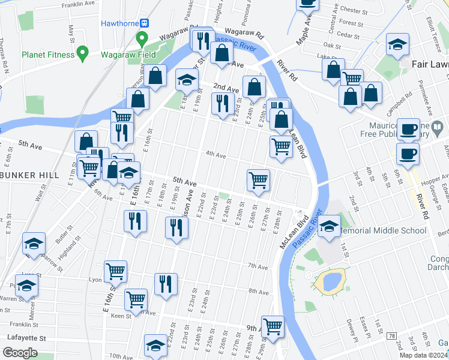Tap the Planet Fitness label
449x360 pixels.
pos(47,55)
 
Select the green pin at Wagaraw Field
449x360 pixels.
pos(142,40)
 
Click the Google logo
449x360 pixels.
pos(19,353)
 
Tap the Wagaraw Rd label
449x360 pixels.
pos(244,31)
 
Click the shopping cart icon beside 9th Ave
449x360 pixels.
pos(273,327)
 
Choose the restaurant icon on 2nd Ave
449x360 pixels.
pos(223,103)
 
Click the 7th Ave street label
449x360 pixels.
pos(257,266)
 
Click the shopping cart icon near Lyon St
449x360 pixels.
pos(115,271)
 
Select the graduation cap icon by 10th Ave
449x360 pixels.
pos(155,346)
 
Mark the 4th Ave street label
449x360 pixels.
pos(215,155)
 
